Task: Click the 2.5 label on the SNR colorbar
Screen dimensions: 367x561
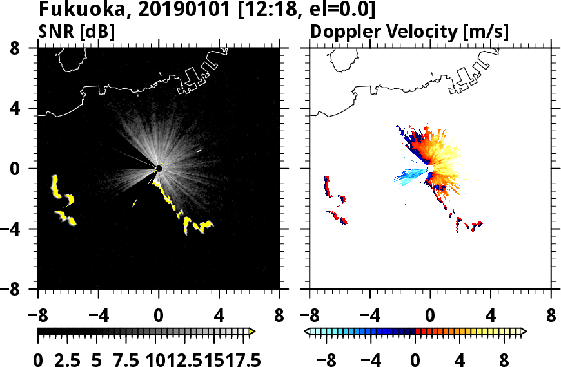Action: coord(66,359)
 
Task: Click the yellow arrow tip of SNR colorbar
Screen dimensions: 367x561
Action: coord(252,331)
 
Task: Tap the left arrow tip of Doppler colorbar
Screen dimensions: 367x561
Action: coord(306,331)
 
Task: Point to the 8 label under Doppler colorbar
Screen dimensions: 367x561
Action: coord(506,359)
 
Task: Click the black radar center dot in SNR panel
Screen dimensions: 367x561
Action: coord(159,168)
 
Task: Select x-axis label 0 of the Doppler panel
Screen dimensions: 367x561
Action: coord(429,317)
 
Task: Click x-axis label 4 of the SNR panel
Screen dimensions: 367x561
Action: coord(219,317)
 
